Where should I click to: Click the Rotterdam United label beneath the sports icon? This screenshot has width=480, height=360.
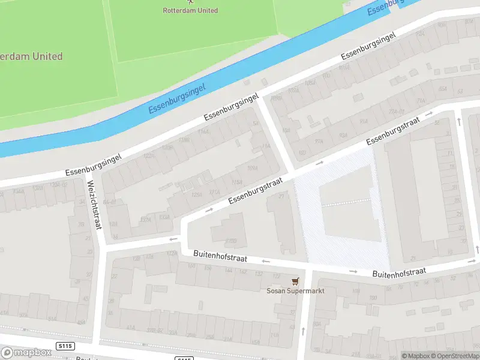coord(191,10)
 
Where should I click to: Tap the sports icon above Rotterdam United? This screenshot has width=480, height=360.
coord(191,2)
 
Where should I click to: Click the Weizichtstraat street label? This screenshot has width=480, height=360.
coord(95,205)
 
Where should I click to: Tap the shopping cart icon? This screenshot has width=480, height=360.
coord(294,281)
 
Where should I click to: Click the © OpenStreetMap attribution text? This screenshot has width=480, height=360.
coord(453,356)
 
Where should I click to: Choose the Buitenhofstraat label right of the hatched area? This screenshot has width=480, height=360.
coord(399,272)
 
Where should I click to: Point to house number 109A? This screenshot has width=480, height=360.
coord(253,169)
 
